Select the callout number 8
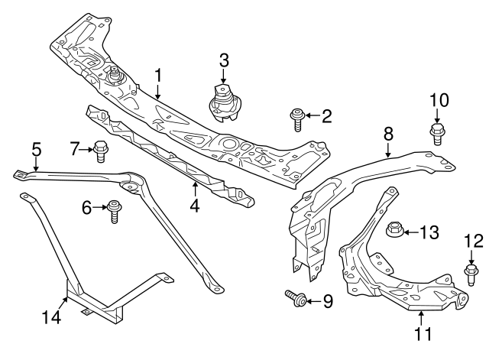click(388, 133)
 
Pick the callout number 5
click(35, 148)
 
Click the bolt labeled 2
click(295, 118)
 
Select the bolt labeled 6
click(115, 209)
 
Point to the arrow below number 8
click(388, 150)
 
